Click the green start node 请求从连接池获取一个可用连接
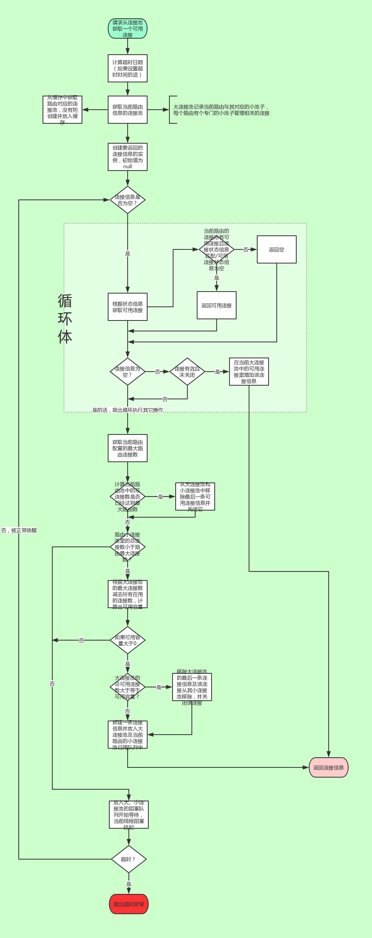[128, 28]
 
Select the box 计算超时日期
[128, 68]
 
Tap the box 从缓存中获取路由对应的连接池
[62, 110]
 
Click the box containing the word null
[128, 157]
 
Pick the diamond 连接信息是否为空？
[128, 200]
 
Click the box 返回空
[276, 249]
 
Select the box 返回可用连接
[217, 305]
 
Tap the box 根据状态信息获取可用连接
[128, 307]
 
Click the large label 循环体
[65, 319]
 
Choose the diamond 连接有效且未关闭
[187, 372]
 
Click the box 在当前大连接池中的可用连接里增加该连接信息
[249, 372]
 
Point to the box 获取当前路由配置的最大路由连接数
[128, 448]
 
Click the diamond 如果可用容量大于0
[128, 640]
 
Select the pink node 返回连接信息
[329, 767]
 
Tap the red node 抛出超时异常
[129, 904]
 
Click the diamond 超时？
[129, 859]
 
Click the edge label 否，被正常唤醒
[19, 530]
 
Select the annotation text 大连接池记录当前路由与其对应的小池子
[221, 110]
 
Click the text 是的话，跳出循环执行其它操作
[128, 410]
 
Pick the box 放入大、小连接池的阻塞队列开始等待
[129, 815]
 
